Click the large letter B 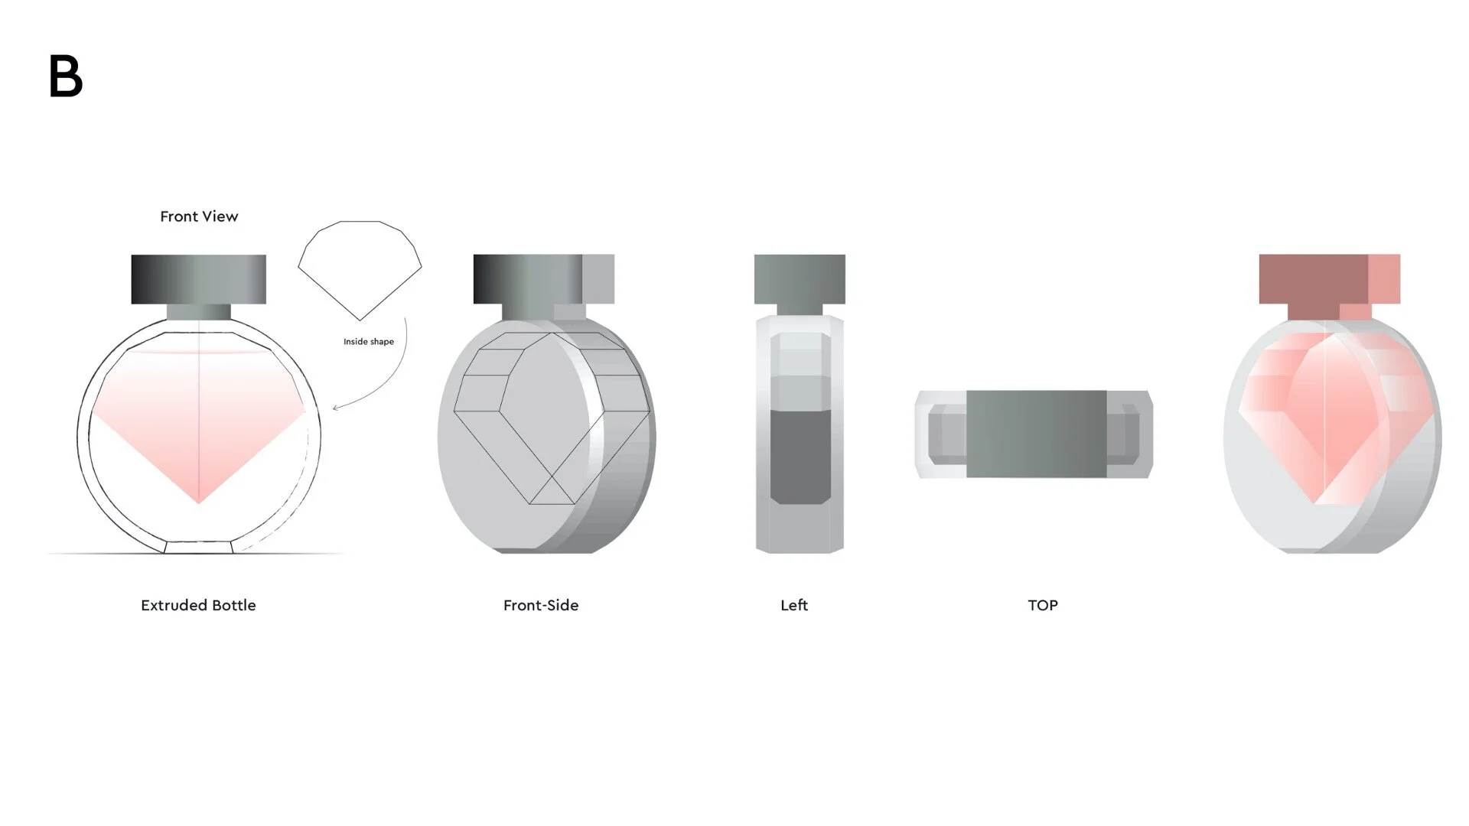pos(66,76)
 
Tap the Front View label pos(199,216)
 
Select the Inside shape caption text pos(369,342)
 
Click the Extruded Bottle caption pos(198,605)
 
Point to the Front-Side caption pos(541,605)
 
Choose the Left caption pos(794,605)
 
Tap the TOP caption pos(1043,605)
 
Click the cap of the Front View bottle pos(199,279)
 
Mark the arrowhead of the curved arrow pos(335,408)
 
